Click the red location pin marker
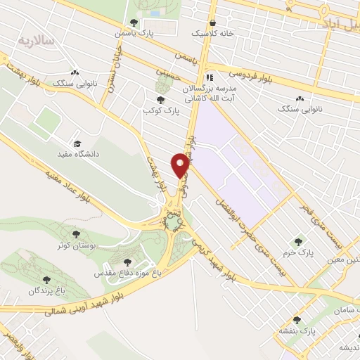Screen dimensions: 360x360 181,165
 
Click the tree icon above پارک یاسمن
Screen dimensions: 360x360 134,22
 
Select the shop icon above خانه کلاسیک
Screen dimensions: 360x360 212,22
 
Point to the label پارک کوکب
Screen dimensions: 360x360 157,111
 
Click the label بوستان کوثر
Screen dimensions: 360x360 77,246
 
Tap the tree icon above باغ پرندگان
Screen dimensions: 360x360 46,280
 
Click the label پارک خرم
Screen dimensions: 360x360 298,251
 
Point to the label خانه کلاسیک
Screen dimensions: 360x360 211,33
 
